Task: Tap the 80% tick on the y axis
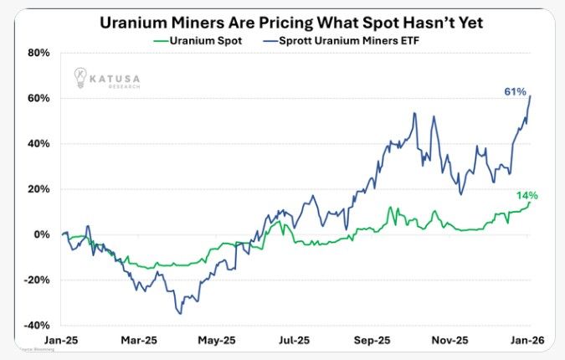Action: (x=38, y=53)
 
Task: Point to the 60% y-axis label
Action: (x=38, y=98)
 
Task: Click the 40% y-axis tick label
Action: (x=38, y=143)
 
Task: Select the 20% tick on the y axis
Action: (x=38, y=188)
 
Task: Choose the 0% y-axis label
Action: (x=41, y=234)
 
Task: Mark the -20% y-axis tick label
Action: (x=36, y=280)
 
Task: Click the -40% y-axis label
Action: (x=36, y=325)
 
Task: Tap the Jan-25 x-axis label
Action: (x=61, y=341)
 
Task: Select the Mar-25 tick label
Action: (x=140, y=341)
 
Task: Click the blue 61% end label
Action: (x=514, y=90)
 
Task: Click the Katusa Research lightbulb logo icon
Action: (x=80, y=76)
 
